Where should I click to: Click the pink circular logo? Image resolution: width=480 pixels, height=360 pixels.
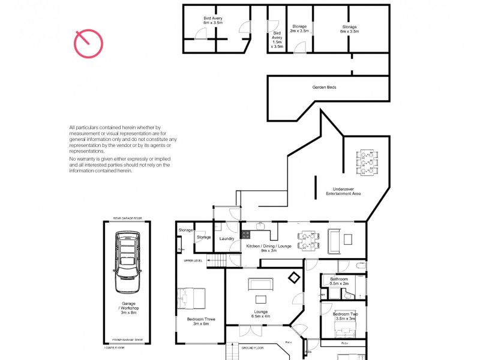pos(88,44)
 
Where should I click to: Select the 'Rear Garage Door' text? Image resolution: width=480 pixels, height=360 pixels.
pos(126,218)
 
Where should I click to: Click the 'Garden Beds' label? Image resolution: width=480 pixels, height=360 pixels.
pos(324,88)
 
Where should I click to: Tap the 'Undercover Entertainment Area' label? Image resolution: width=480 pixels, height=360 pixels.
pos(343,191)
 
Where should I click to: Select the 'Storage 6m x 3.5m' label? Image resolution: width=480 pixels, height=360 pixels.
pos(350,29)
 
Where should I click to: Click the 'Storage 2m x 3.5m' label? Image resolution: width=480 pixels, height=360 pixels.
pos(299,29)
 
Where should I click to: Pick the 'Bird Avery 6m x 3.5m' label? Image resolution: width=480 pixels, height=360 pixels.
pos(213,21)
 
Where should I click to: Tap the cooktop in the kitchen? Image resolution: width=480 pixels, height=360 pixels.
pos(246,235)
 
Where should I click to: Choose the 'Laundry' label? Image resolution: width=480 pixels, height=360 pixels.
pos(226,239)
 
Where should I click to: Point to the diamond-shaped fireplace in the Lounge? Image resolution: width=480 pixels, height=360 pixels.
pos(294,278)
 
